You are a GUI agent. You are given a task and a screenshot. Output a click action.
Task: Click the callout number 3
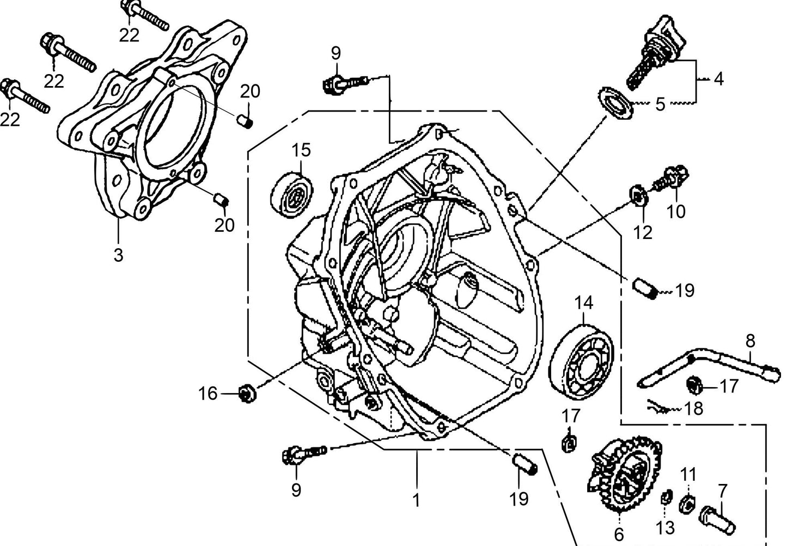[118, 254]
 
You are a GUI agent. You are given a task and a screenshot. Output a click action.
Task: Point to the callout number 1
[416, 500]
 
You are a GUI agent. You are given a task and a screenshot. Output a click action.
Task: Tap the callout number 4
[718, 79]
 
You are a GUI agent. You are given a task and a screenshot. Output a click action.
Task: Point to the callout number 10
[676, 211]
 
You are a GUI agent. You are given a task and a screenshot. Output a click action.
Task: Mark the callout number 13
[665, 527]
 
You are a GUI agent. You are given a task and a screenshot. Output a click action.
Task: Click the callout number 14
[584, 303]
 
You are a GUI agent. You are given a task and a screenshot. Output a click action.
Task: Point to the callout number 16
[208, 393]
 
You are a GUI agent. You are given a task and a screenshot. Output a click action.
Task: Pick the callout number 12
[643, 232]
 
